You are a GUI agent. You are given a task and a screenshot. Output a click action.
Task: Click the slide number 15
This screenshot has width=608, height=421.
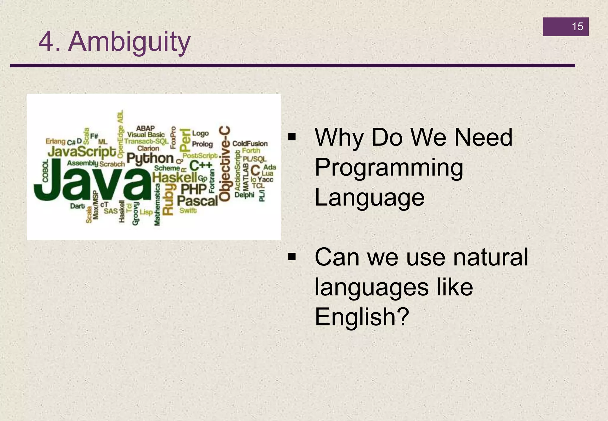577,27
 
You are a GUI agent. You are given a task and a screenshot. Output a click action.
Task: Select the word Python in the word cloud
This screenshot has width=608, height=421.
150,159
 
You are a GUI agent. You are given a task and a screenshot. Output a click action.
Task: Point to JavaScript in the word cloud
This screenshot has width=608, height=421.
82,152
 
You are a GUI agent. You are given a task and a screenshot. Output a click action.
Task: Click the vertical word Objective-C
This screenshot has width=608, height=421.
225,164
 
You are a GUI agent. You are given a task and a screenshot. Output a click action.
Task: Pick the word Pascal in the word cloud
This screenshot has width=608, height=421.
197,201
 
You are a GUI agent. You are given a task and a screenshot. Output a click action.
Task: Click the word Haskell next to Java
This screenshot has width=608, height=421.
175,178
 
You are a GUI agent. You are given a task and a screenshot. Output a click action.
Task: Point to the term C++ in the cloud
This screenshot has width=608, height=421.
201,165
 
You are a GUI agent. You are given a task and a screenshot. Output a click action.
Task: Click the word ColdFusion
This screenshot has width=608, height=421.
250,144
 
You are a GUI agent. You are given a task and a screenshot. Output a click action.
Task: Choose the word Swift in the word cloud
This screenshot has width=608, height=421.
188,210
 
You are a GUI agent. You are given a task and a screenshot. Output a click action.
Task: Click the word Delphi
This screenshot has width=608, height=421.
244,195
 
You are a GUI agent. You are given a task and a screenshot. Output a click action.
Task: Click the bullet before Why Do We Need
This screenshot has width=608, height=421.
292,137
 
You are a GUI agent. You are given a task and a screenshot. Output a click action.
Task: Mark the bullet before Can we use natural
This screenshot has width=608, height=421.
292,257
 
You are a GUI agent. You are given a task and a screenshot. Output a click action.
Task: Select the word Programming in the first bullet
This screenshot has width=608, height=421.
389,168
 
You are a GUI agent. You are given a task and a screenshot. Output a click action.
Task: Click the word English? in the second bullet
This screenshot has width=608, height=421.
362,317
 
